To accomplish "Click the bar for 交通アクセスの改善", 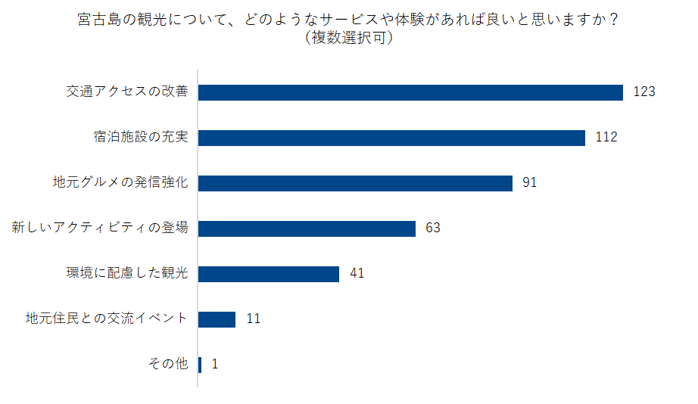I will (x=410, y=92).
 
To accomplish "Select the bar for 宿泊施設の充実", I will (x=391, y=138).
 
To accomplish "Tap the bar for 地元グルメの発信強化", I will (x=355, y=183).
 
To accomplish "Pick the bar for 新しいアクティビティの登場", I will (x=307, y=228).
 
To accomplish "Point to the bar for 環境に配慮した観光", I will (x=269, y=274).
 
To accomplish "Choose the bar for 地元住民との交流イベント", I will (x=217, y=319).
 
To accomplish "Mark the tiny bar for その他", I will (x=200, y=365).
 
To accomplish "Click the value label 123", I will (x=643, y=92).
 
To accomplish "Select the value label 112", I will (x=606, y=138).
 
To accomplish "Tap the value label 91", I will (x=530, y=183).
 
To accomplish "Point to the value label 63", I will (x=433, y=228).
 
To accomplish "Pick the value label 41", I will (x=357, y=274).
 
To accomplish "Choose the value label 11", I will (x=253, y=319).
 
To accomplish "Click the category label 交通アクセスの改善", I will (x=126, y=92).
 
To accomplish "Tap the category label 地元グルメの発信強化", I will (x=120, y=183).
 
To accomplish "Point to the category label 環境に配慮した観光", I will (x=126, y=274).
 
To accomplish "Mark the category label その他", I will (x=167, y=365).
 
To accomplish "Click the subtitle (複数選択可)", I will (x=348, y=39).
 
